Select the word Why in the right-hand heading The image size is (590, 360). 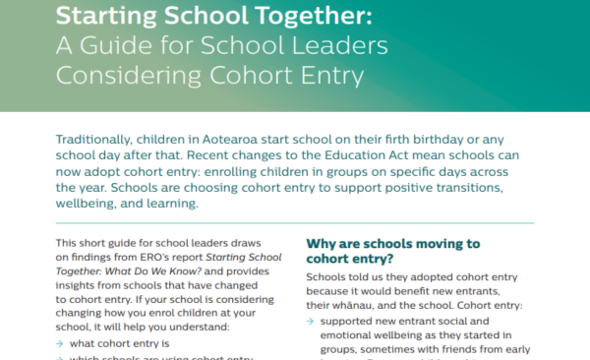pyautogui.click(x=323, y=243)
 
